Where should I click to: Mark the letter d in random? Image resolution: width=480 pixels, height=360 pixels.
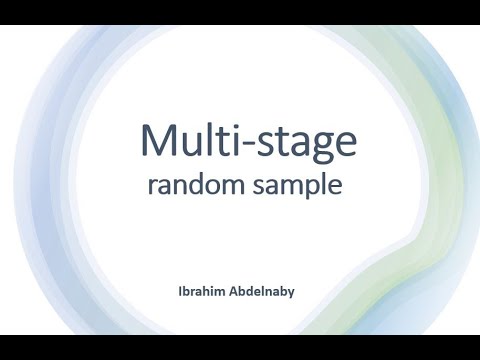199,185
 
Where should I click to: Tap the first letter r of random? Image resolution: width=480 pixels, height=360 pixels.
152,188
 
